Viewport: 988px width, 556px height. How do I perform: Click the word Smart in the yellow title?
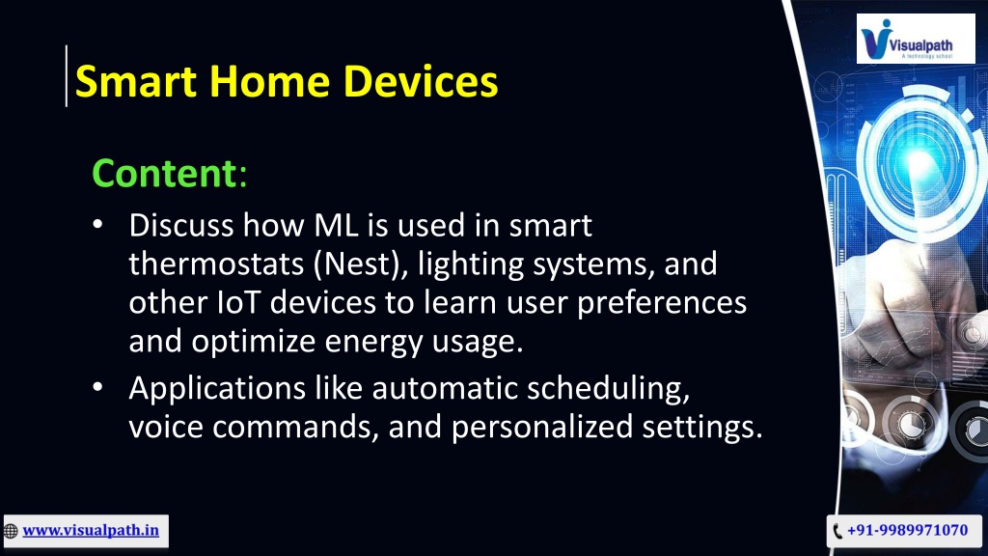click(136, 82)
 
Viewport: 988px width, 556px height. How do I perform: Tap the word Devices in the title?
click(421, 82)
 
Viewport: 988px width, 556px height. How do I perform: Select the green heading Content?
click(164, 173)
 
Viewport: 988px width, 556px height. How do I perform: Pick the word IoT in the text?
click(238, 302)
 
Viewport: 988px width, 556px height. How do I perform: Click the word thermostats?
click(216, 264)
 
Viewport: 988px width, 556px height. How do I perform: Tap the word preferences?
click(662, 304)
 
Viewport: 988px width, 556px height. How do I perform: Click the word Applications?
click(217, 389)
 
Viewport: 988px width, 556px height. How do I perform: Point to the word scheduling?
click(608, 389)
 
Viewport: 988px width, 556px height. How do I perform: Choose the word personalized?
click(542, 428)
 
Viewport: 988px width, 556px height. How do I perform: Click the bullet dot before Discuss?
click(97, 224)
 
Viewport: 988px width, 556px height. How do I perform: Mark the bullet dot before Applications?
click(97, 386)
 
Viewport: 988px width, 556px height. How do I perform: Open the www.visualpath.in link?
click(91, 530)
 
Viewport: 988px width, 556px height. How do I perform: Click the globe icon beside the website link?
click(11, 532)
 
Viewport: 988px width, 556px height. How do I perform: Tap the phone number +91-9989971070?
click(907, 530)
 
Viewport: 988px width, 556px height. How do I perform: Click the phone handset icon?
click(837, 531)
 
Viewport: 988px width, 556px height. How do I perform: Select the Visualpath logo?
click(916, 39)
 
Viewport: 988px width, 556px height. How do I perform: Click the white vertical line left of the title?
click(67, 75)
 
